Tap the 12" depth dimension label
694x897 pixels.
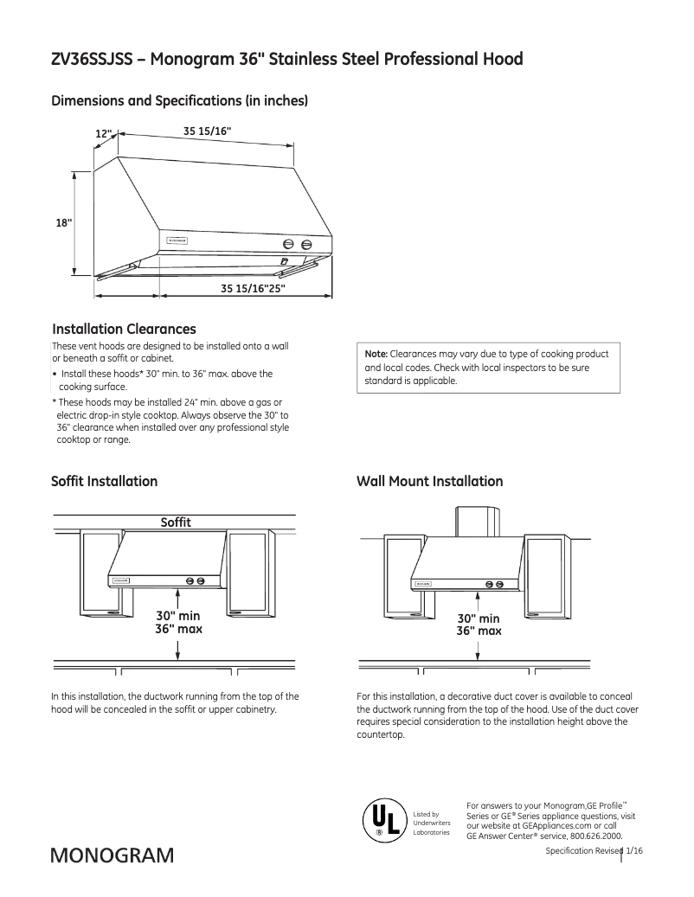point(104,134)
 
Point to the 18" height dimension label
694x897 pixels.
point(64,222)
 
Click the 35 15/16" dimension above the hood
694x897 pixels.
point(207,131)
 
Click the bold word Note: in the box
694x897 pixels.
point(376,355)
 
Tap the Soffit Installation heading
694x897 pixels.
point(105,481)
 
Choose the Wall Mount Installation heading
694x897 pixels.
point(429,481)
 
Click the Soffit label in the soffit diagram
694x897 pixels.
point(176,522)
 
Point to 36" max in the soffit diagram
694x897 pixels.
point(178,629)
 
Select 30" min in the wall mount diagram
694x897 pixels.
point(479,618)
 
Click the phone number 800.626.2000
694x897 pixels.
point(592,836)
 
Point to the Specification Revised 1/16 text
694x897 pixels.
point(594,852)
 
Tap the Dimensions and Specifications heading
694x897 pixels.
point(180,101)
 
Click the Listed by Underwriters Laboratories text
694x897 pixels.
point(431,823)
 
